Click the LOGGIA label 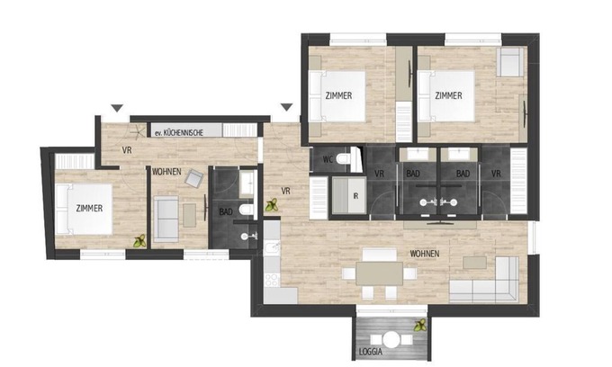click(x=371, y=352)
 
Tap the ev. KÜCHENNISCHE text click(x=179, y=133)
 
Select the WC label click(x=328, y=159)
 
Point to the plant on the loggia click(x=420, y=325)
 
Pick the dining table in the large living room click(x=379, y=273)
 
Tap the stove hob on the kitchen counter click(x=272, y=280)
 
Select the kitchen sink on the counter click(x=272, y=248)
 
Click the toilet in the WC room click(x=344, y=159)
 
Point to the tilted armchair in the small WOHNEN click(x=194, y=178)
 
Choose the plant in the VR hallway click(x=272, y=205)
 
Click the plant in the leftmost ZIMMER click(x=139, y=241)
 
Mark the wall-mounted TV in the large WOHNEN click(x=440, y=223)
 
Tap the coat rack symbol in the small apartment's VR click(x=137, y=132)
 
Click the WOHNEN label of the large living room click(x=425, y=254)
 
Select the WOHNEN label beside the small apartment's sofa click(x=166, y=172)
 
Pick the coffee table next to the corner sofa click(x=474, y=263)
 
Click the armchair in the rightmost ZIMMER click(x=509, y=62)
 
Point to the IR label click(x=355, y=196)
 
